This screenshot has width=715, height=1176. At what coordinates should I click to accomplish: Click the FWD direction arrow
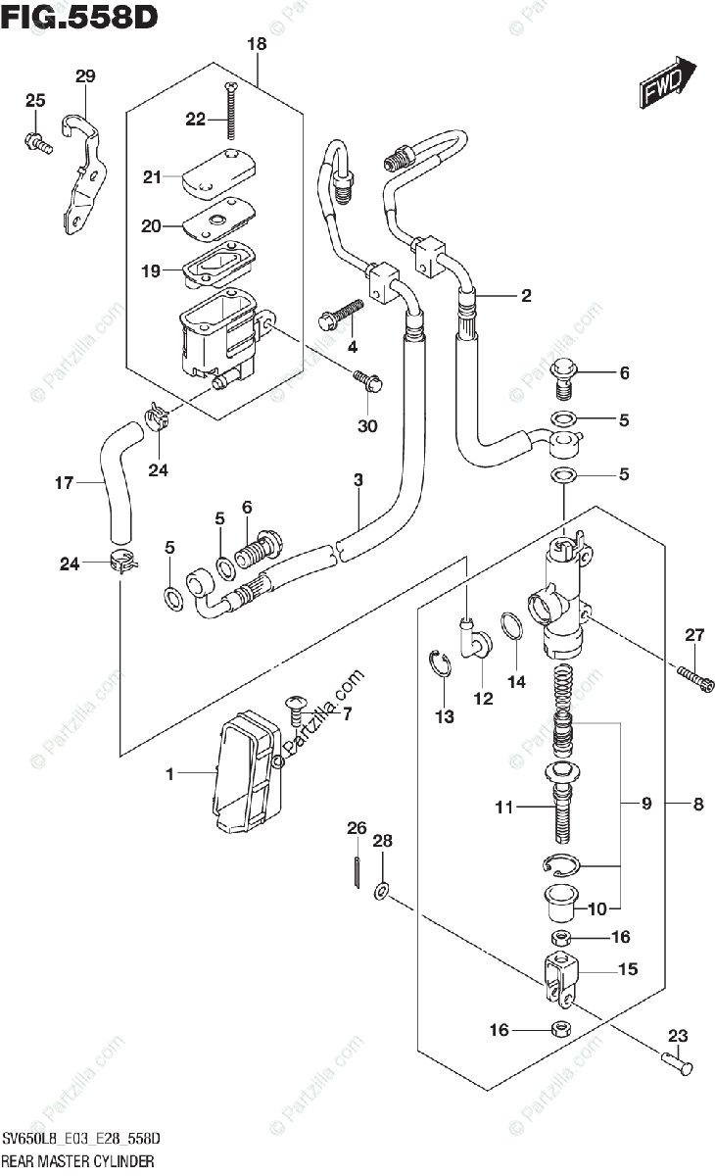(668, 82)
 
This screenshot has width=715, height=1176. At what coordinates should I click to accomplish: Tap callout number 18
(257, 43)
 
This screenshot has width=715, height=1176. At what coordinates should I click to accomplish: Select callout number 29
(85, 76)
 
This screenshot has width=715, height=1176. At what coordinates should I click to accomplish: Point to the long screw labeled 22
(230, 111)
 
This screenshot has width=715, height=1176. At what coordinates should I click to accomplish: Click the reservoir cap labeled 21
(218, 173)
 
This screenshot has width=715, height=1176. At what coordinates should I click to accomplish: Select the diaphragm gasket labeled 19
(218, 264)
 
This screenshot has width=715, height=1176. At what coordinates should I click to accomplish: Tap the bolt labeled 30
(368, 381)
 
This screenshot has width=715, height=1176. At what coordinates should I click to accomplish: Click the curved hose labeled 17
(119, 482)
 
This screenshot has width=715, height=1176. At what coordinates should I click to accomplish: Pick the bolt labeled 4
(341, 315)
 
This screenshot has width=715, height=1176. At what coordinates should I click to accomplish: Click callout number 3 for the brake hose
(358, 480)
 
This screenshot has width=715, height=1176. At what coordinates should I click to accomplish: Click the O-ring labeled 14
(512, 626)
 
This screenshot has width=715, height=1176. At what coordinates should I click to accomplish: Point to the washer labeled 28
(381, 891)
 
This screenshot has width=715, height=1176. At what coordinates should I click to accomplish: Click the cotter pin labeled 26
(357, 872)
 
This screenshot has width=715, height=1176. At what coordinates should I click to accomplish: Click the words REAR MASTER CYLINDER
(77, 1160)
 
